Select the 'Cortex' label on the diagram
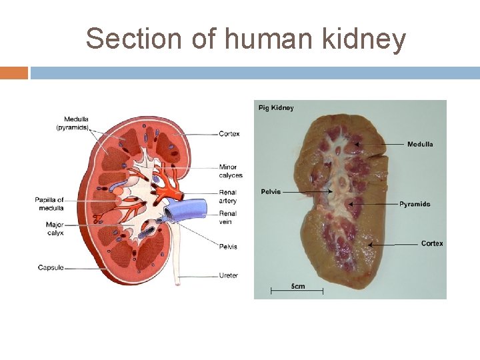pyautogui.click(x=229, y=134)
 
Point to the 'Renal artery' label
pyautogui.click(x=228, y=197)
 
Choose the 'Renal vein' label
pyautogui.click(x=228, y=217)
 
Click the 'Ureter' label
pyautogui.click(x=228, y=275)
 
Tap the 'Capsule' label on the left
pyautogui.click(x=51, y=267)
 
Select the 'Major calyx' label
pyautogui.click(x=55, y=229)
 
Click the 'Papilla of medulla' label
pyautogui.click(x=49, y=203)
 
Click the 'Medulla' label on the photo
pyautogui.click(x=419, y=144)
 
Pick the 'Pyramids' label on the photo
pyautogui.click(x=415, y=204)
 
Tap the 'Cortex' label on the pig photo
pyautogui.click(x=431, y=243)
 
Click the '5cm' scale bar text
pyautogui.click(x=297, y=287)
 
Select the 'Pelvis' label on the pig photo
pyautogui.click(x=271, y=192)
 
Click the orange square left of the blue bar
pyautogui.click(x=14, y=73)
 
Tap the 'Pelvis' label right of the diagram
pyautogui.click(x=228, y=247)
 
